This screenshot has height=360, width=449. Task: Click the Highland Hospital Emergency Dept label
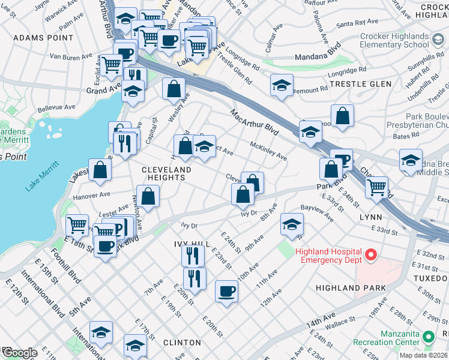point(328,256)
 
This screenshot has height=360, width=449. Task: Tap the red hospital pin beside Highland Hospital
point(370,256)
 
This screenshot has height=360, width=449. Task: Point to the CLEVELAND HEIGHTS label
point(166,174)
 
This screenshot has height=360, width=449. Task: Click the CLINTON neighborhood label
point(182,343)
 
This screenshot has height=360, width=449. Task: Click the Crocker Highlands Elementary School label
point(394,40)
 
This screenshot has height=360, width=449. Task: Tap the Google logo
point(19,353)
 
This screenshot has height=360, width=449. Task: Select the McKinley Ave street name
point(268,151)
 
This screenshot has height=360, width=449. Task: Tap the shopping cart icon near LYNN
point(376,187)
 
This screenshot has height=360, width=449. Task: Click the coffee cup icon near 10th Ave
point(226,291)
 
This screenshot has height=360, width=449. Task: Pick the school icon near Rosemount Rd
point(281,85)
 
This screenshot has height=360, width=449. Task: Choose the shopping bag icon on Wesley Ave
point(173,88)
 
